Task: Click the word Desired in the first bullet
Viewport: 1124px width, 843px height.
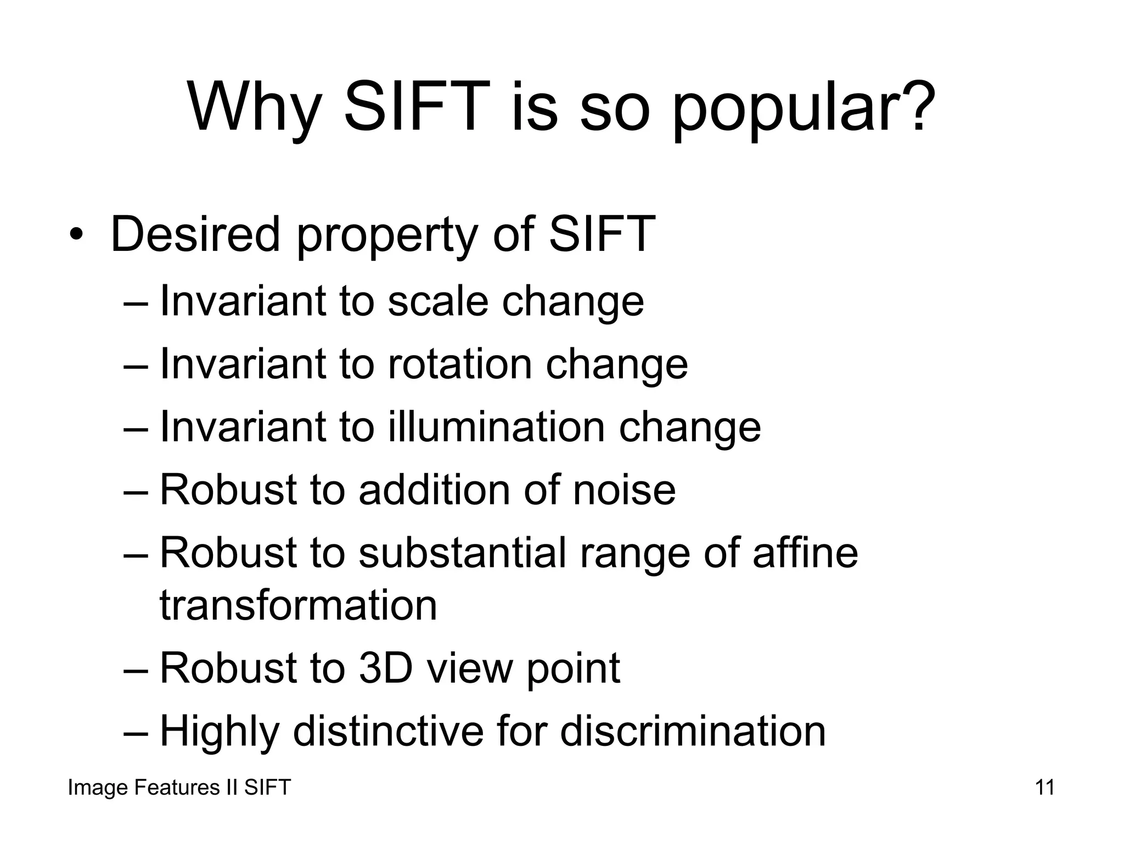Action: pyautogui.click(x=195, y=235)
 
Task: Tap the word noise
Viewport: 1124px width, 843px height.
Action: pyautogui.click(x=624, y=490)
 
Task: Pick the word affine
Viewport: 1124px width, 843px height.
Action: pyautogui.click(x=805, y=553)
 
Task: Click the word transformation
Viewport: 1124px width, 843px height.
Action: pyautogui.click(x=298, y=605)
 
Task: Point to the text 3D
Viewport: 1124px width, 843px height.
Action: pyautogui.click(x=385, y=668)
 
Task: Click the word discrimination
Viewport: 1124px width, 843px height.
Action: pyautogui.click(x=693, y=731)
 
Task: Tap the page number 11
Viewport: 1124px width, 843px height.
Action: pyautogui.click(x=1044, y=788)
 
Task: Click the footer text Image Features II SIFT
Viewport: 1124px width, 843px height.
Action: pyautogui.click(x=179, y=788)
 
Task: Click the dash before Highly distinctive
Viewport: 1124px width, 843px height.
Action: pyautogui.click(x=136, y=733)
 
